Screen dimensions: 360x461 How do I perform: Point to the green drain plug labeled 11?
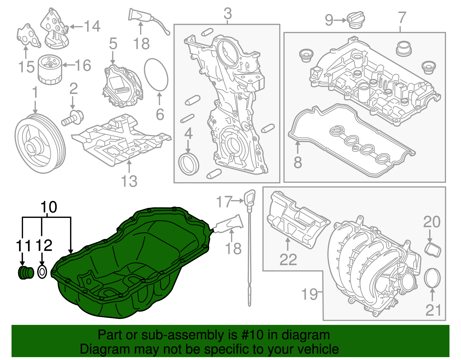click(26, 273)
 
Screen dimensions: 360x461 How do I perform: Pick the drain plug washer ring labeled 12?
click(42, 272)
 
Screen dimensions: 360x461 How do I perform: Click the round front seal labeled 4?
click(189, 165)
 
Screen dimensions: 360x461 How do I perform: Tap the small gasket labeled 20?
click(433, 250)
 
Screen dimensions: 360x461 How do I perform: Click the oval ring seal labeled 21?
click(432, 278)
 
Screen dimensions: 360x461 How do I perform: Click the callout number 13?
click(129, 181)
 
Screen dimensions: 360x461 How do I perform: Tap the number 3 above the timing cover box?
click(228, 14)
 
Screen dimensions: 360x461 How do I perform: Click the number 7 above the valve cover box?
click(402, 18)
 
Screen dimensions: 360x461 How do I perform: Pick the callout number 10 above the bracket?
click(49, 207)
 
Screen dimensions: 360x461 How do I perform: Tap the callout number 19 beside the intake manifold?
click(309, 294)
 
